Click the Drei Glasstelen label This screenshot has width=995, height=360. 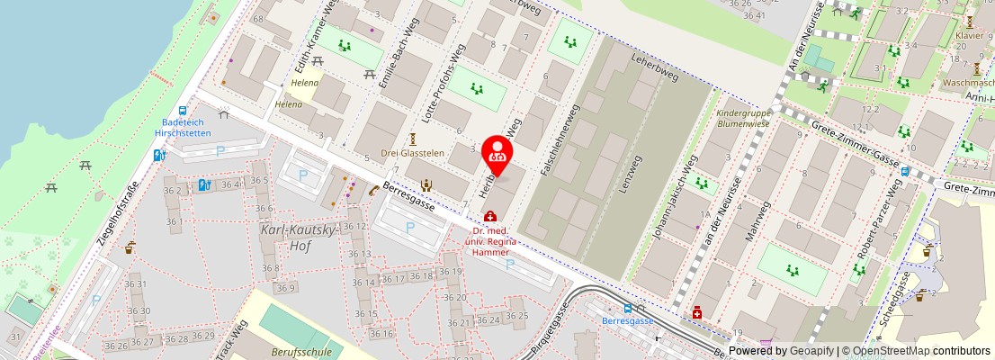[x=413, y=153]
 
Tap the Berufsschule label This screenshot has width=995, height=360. [x=300, y=352]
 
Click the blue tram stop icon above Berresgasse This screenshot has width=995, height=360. [x=627, y=308]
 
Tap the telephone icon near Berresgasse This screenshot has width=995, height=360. [x=373, y=190]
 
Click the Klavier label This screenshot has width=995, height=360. [x=969, y=36]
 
